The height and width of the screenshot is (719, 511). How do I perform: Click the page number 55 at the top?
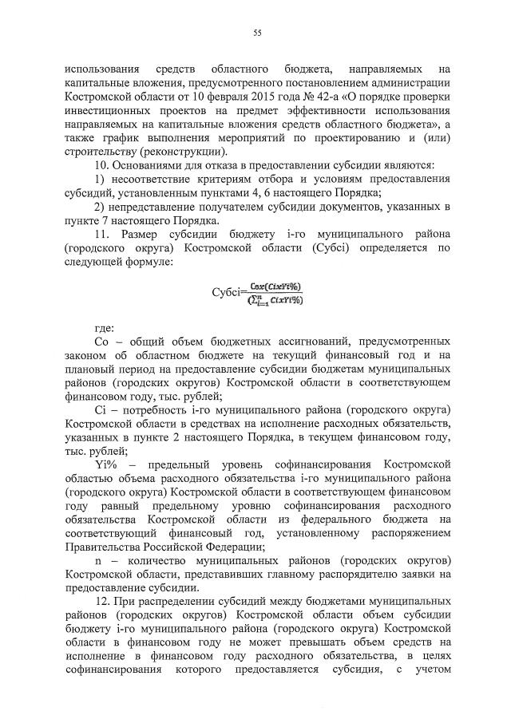tap(257, 33)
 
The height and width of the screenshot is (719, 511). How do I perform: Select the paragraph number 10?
tap(101, 165)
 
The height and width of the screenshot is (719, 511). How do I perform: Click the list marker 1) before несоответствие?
tap(100, 180)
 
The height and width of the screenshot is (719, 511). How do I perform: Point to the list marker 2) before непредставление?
tap(100, 207)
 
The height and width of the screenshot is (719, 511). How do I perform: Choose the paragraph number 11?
tap(101, 235)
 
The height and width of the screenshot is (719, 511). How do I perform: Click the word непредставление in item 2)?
tap(159, 207)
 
